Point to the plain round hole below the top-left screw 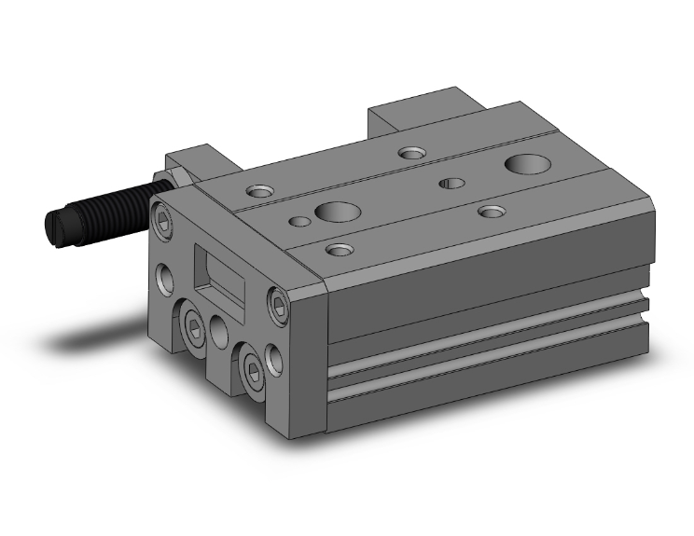click(x=166, y=278)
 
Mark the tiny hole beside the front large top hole click(x=297, y=222)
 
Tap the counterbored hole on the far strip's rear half click(x=409, y=152)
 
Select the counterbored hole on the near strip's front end click(x=341, y=250)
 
